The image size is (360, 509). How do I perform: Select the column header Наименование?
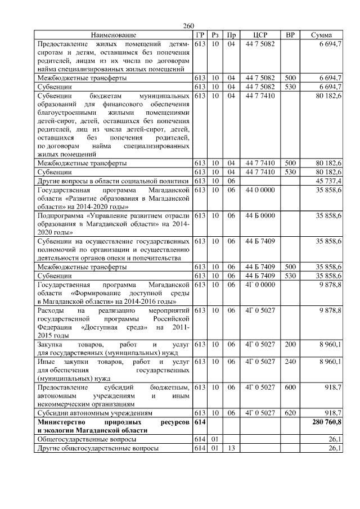(x=113, y=35)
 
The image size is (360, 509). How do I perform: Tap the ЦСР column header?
(x=260, y=35)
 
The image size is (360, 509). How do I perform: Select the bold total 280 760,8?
(x=325, y=421)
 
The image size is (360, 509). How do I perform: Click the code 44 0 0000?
(x=260, y=190)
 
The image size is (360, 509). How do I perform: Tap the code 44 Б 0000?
(x=260, y=215)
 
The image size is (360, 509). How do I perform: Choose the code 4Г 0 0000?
(x=260, y=285)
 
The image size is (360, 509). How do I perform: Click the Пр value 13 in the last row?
(x=231, y=448)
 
